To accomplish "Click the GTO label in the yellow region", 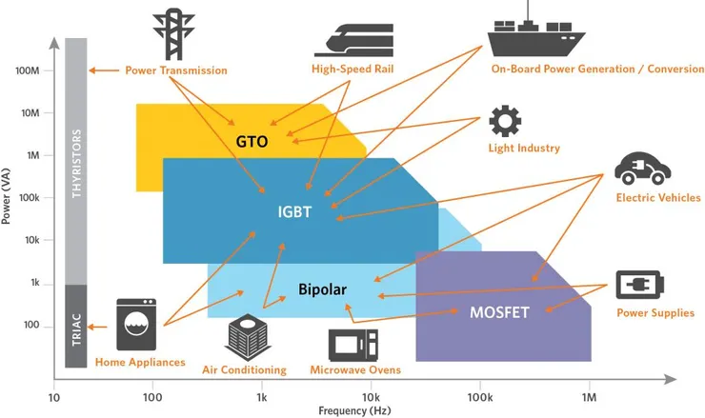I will pyautogui.click(x=252, y=142).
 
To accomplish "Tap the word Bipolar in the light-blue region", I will pyautogui.click(x=321, y=289).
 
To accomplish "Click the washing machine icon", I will pyautogui.click(x=134, y=325).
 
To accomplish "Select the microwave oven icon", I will pyautogui.click(x=352, y=344).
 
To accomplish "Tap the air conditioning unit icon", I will pyautogui.click(x=243, y=336).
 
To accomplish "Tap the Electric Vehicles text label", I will pyautogui.click(x=657, y=198).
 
